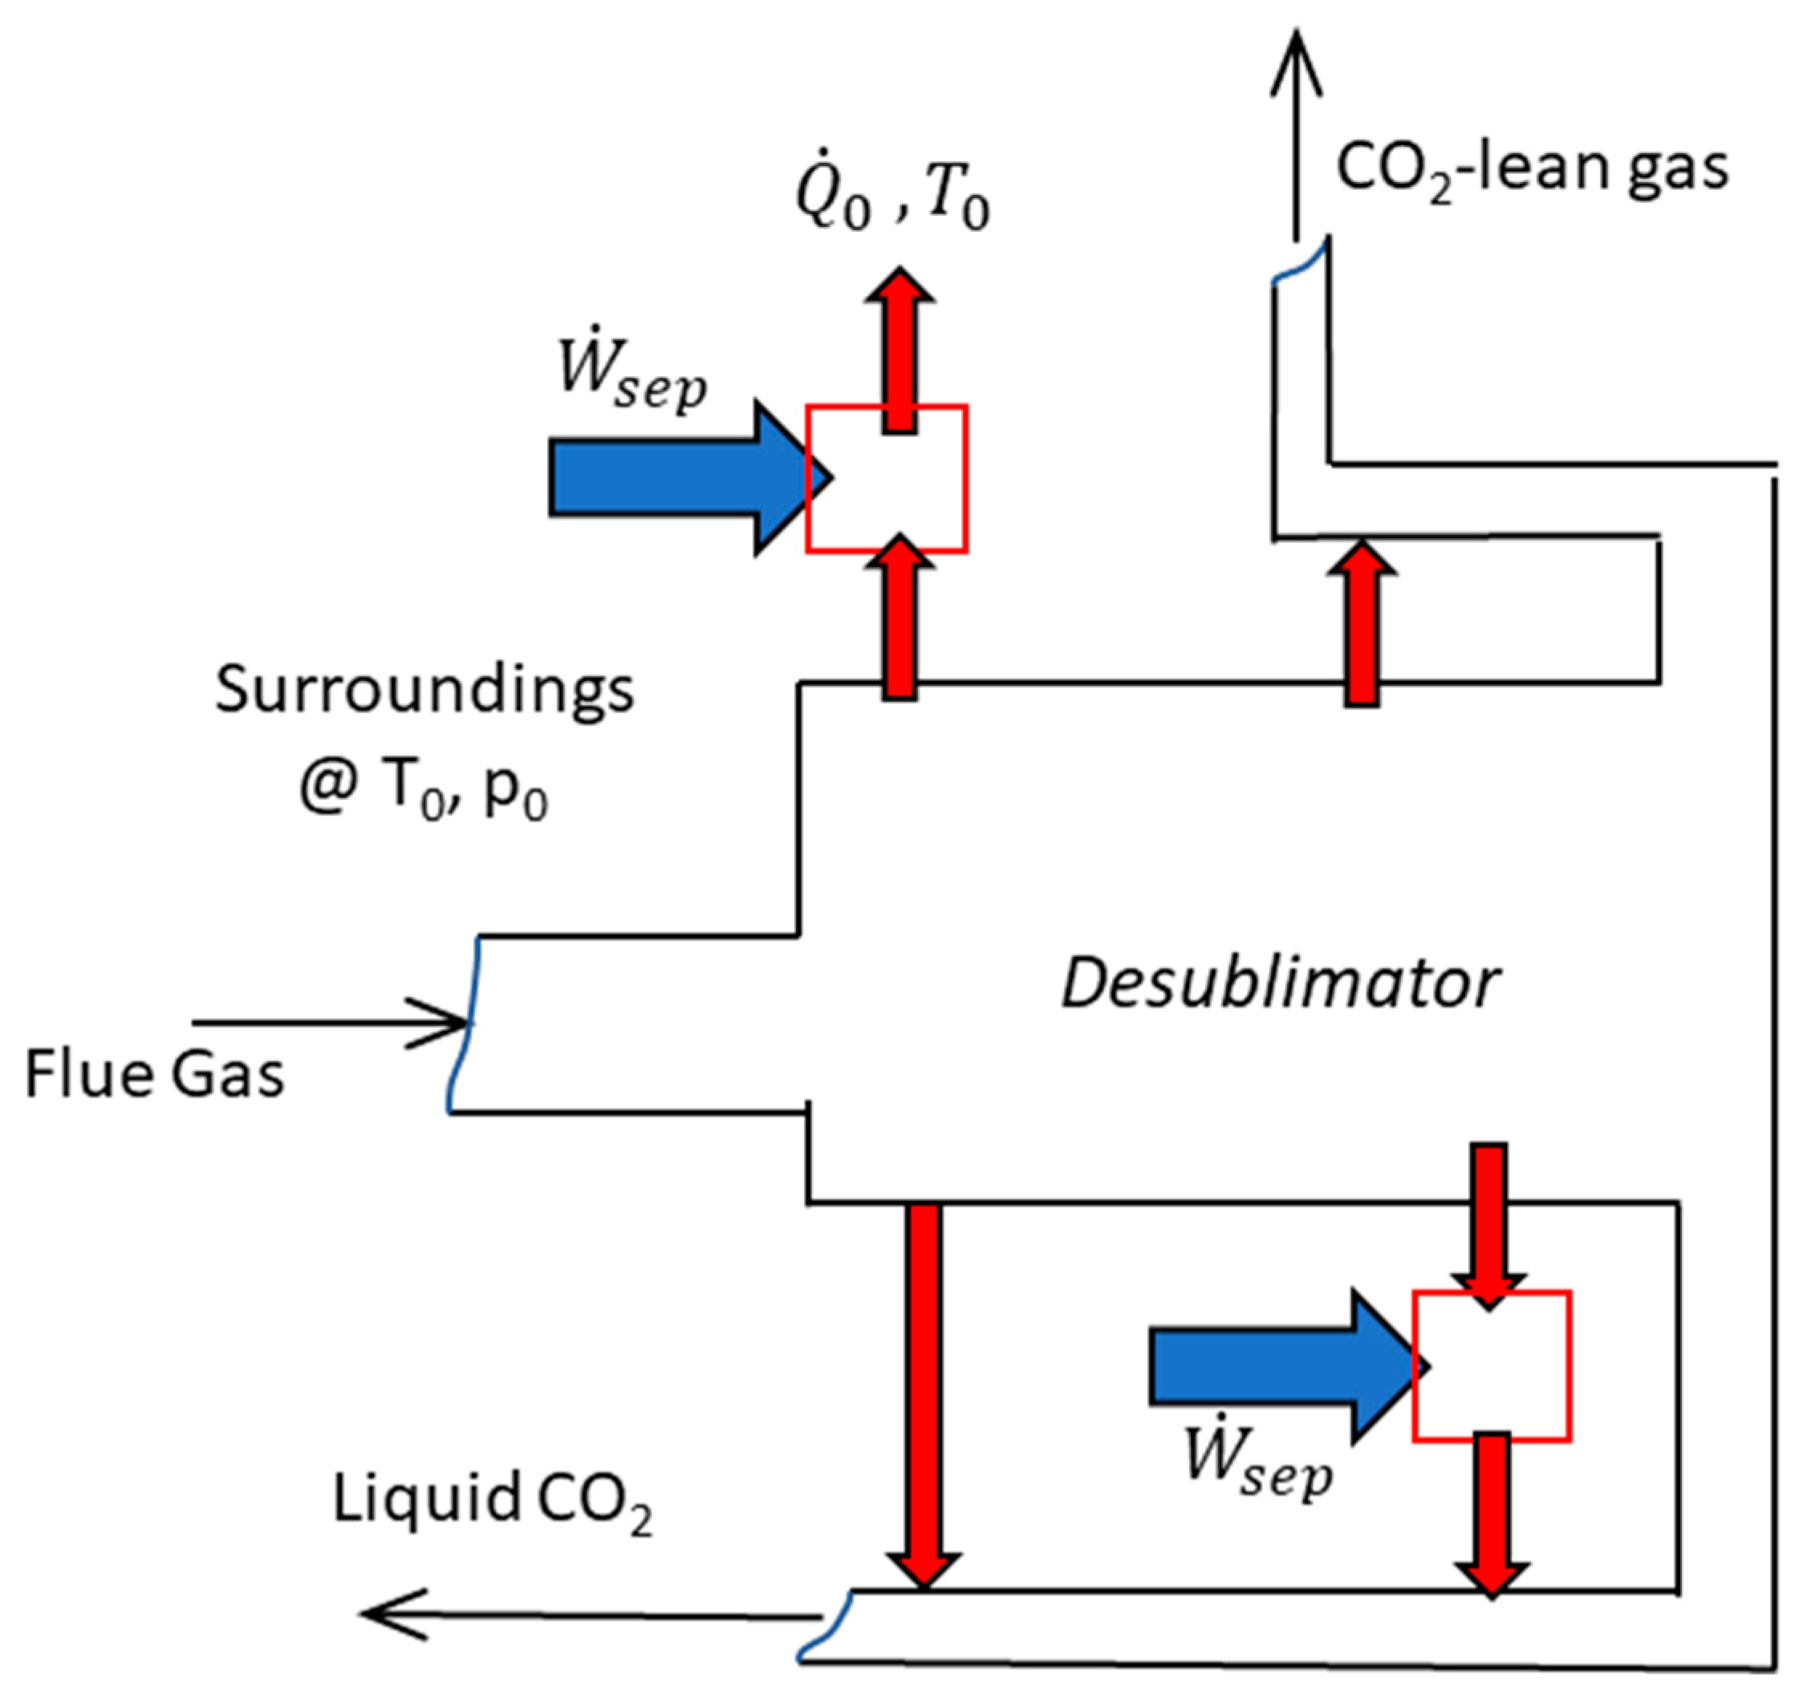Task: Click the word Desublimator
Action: click(1279, 985)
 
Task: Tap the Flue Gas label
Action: click(154, 1076)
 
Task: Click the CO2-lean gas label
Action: click(1532, 169)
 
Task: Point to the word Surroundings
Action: click(424, 691)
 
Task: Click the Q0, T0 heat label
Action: click(891, 201)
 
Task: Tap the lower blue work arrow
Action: click(1277, 1367)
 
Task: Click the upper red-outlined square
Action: click(887, 479)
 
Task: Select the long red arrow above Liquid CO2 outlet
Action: click(923, 1394)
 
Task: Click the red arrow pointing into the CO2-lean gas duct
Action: click(1362, 625)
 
